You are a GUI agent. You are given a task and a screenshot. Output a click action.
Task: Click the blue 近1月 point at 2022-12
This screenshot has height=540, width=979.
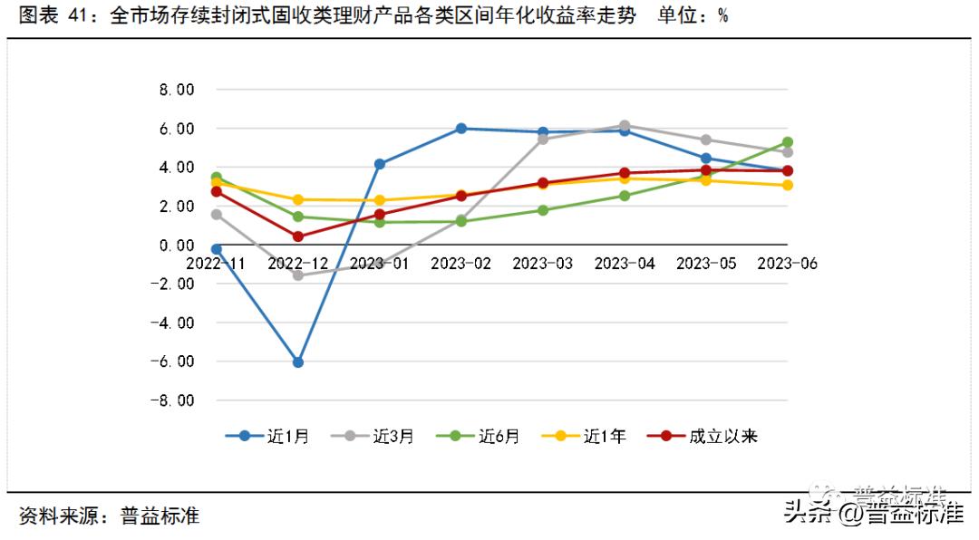[297, 362]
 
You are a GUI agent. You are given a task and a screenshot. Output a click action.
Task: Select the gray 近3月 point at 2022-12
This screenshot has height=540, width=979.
[297, 275]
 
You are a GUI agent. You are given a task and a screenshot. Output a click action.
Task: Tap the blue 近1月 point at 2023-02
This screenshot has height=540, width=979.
[460, 129]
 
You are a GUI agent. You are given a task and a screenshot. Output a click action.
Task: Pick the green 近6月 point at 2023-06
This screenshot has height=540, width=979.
[788, 142]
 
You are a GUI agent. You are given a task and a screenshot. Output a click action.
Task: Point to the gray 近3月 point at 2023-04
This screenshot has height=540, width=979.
[625, 126]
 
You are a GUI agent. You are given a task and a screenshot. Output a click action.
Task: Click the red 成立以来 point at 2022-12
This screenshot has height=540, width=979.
[297, 236]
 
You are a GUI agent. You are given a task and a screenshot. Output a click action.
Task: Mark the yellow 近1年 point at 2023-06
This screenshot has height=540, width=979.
[788, 185]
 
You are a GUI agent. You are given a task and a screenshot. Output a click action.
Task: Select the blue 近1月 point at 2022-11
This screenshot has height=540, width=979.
[216, 249]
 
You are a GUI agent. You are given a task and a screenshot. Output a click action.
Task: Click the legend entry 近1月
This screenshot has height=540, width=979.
[267, 436]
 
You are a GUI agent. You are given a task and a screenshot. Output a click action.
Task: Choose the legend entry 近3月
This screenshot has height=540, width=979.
[373, 436]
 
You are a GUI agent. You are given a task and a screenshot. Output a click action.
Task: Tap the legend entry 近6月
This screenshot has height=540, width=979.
[478, 436]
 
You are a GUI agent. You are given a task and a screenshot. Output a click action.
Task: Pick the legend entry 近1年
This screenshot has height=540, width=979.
[584, 436]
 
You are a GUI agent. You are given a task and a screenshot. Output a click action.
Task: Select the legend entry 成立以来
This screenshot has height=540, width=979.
[703, 436]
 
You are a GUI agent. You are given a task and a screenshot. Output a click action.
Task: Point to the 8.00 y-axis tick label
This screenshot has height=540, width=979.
[177, 90]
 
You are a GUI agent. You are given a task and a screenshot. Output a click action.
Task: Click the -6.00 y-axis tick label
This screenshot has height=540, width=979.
[175, 362]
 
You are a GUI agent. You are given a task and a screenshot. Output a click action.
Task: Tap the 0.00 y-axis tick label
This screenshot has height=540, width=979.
[177, 245]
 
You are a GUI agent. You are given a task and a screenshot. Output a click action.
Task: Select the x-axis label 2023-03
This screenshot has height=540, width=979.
[542, 263]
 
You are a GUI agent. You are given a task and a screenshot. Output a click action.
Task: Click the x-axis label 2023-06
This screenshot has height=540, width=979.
[787, 263]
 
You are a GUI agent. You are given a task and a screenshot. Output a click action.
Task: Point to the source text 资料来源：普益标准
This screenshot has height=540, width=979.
[109, 516]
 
